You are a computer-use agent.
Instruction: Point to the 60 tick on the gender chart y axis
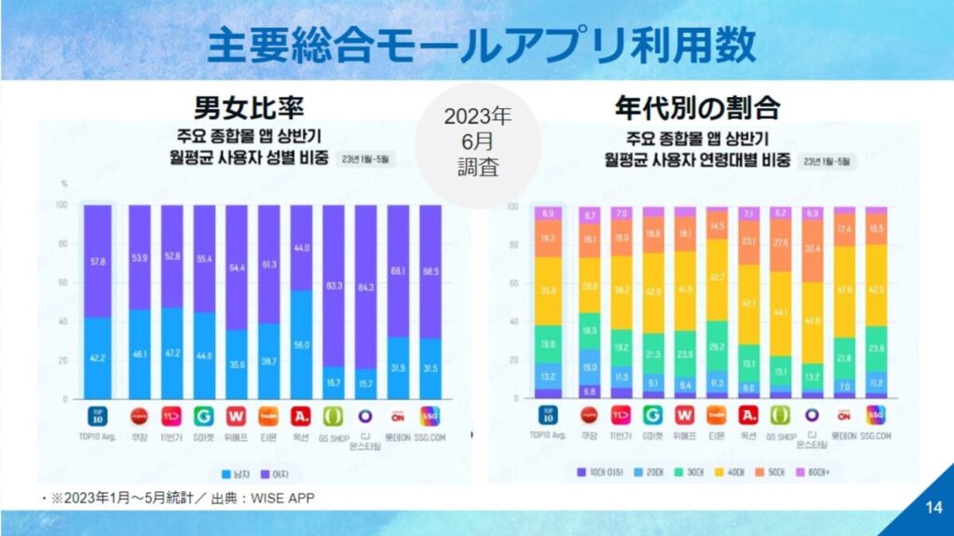(61, 282)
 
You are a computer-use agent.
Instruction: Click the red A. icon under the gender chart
(301, 414)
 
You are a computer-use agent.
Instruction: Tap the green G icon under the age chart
(654, 414)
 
